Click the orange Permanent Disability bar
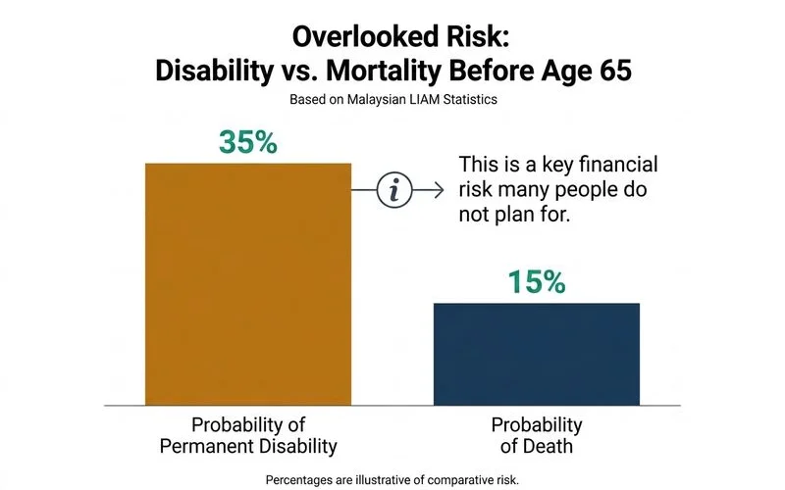(x=248, y=284)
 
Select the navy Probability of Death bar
(x=537, y=354)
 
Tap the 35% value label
(x=248, y=142)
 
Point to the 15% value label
(x=537, y=281)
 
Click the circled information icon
(x=394, y=190)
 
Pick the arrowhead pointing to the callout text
(x=439, y=190)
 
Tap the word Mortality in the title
(x=384, y=71)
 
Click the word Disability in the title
(x=214, y=71)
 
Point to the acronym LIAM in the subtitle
(x=424, y=100)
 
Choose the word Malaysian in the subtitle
(x=376, y=100)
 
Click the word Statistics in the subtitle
(x=470, y=100)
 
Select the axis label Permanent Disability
(x=248, y=446)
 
